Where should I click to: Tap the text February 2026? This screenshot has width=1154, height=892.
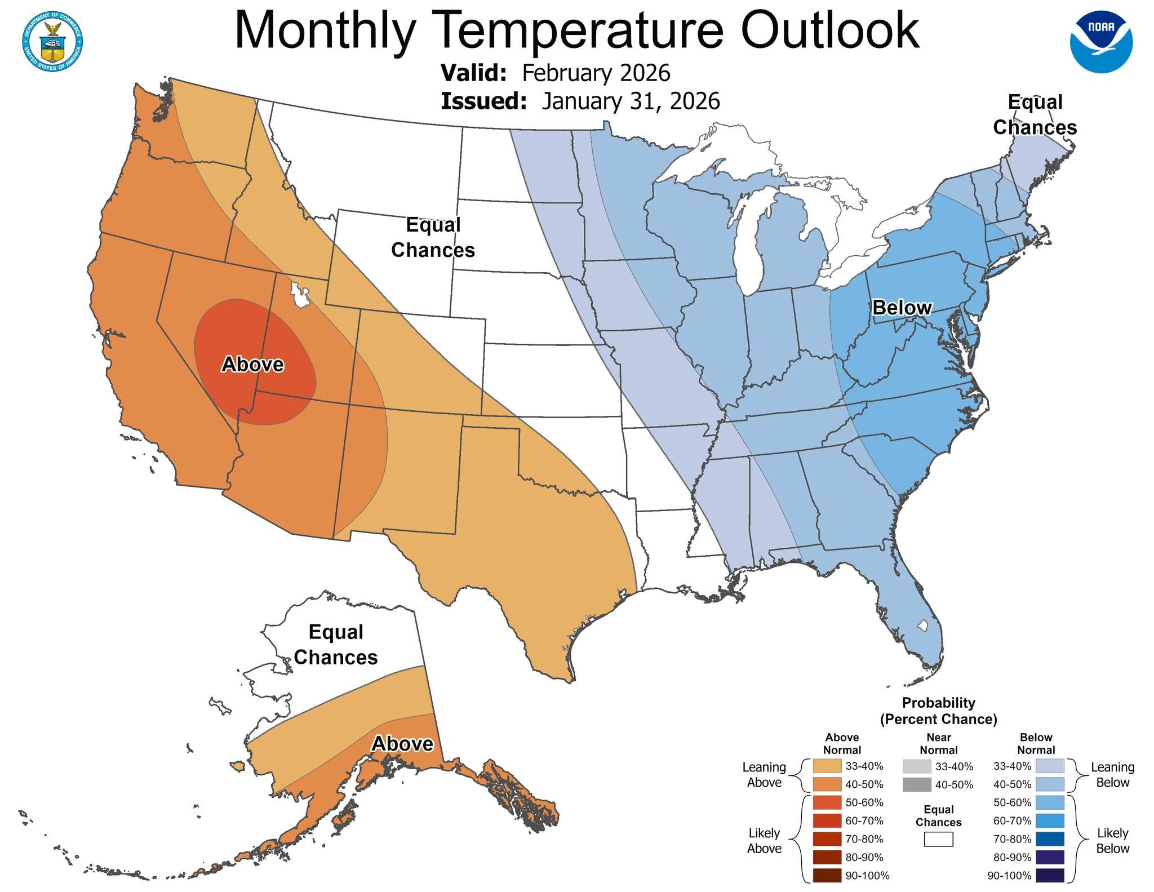point(596,73)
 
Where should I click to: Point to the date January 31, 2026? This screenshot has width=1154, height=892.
point(631,101)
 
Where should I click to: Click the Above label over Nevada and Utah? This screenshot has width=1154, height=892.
point(252,365)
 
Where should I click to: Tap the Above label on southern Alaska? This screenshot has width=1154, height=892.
point(402,744)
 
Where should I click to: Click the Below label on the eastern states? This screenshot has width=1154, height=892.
point(902,308)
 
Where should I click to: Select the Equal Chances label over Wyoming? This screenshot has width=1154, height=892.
point(433,237)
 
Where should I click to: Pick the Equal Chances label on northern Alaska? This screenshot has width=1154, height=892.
point(336,645)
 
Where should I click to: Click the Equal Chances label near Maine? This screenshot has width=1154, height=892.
point(1035,115)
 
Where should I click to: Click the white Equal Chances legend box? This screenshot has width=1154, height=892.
point(938,840)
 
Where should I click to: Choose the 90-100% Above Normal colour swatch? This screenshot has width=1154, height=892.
point(827,876)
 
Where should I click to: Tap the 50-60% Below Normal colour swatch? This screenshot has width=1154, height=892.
point(1049,802)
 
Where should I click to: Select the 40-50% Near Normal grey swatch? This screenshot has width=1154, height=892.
point(917,784)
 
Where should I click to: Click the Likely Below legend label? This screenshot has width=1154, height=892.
point(1112,841)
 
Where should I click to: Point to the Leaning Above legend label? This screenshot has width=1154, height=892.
point(764,775)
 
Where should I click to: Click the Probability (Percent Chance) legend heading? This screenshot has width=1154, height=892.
point(938,711)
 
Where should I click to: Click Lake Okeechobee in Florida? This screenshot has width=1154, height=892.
point(922,625)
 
